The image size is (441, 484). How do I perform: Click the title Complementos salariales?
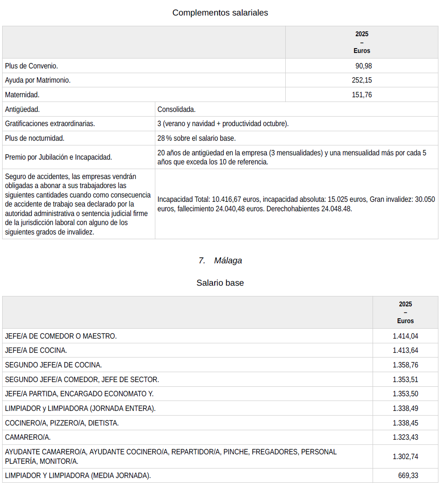pyautogui.click(x=220, y=13)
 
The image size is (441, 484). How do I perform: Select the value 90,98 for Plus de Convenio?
pyautogui.click(x=364, y=66)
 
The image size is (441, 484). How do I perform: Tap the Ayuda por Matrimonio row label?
pyautogui.click(x=38, y=80)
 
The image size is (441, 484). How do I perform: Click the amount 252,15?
pyautogui.click(x=362, y=80)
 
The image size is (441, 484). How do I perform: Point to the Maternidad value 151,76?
pyautogui.click(x=362, y=95)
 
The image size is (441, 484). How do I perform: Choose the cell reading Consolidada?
pyautogui.click(x=176, y=109)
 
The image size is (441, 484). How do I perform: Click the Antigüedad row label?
pyautogui.click(x=22, y=109)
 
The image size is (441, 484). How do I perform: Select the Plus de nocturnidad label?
pyautogui.click(x=34, y=138)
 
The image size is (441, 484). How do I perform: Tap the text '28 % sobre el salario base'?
pyautogui.click(x=197, y=138)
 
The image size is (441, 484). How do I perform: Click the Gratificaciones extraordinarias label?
pyautogui.click(x=50, y=123)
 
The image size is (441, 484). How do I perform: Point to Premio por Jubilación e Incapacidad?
pyautogui.click(x=59, y=157)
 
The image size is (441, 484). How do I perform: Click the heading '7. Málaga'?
pyautogui.click(x=220, y=260)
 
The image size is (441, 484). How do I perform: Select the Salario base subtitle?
pyautogui.click(x=220, y=283)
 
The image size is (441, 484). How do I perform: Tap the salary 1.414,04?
pyautogui.click(x=405, y=336)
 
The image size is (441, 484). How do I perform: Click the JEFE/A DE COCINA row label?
pyautogui.click(x=36, y=350)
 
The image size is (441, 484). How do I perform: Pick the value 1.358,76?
pyautogui.click(x=405, y=365)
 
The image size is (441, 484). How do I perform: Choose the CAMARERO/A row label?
pyautogui.click(x=28, y=437)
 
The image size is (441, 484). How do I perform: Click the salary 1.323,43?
pyautogui.click(x=405, y=437)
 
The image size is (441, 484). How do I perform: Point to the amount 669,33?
pyautogui.click(x=408, y=475)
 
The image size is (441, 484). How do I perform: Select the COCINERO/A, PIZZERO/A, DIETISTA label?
pyautogui.click(x=62, y=423)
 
